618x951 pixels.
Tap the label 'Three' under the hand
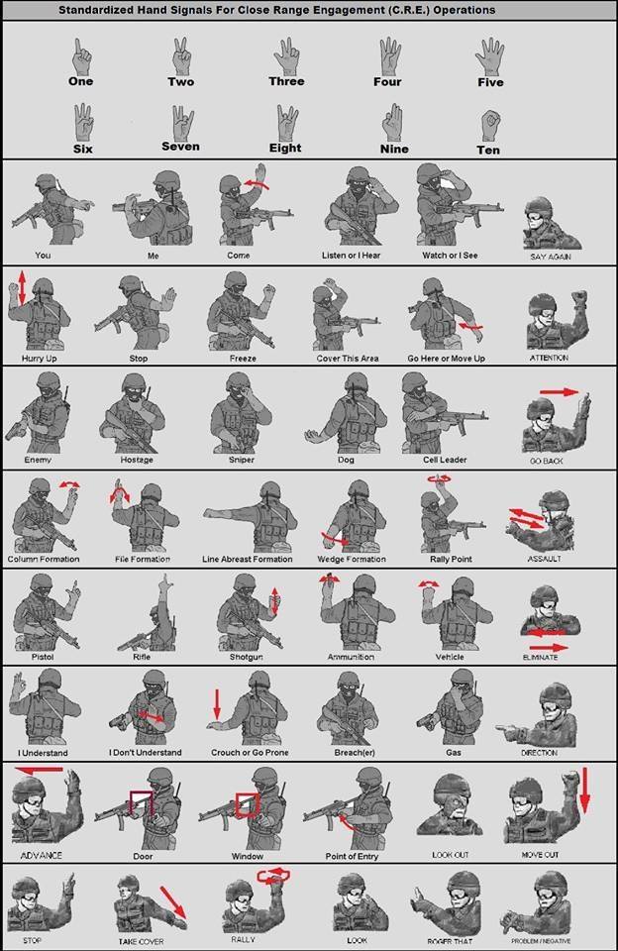286,81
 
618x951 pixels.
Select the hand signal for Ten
488,125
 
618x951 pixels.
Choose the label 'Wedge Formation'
352,560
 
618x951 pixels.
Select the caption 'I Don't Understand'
146,753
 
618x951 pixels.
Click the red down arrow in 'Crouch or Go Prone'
217,704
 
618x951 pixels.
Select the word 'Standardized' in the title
98,10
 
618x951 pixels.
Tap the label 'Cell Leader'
445,460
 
